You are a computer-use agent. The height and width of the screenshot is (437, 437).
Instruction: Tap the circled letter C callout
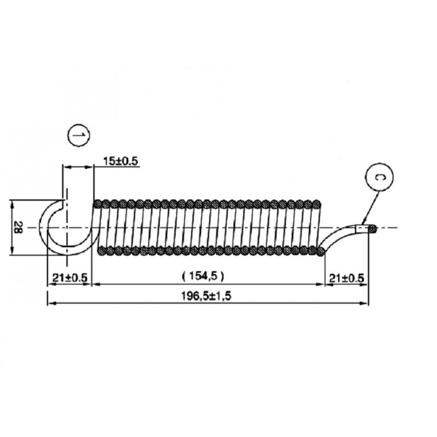[379, 177]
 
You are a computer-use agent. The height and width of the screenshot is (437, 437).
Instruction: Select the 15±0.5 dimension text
[120, 161]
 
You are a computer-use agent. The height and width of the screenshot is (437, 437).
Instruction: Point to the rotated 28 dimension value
[18, 227]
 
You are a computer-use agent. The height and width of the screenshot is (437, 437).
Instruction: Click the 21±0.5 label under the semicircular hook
[70, 277]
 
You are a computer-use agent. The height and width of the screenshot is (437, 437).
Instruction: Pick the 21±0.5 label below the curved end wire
[347, 278]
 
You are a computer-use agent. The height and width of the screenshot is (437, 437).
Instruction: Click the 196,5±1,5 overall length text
[206, 296]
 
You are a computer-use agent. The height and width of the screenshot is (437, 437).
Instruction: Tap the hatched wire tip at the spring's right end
[373, 229]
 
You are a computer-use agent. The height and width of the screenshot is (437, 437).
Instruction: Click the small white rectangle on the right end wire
[362, 229]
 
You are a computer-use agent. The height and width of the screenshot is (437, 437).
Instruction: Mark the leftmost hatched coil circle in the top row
[98, 204]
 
